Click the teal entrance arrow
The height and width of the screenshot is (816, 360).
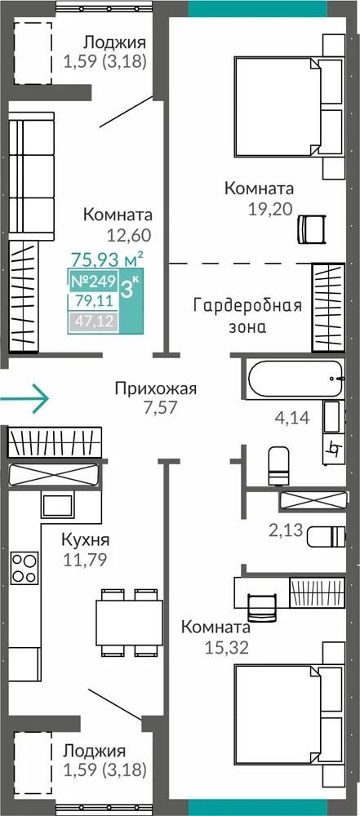pos(24,399)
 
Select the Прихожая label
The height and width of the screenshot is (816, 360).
pos(156,388)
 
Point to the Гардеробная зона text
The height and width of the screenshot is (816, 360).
pos(247,317)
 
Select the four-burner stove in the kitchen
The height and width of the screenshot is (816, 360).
pos(24,568)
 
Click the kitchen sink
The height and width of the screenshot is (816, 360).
pos(57,505)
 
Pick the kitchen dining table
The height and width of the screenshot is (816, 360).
pos(129,623)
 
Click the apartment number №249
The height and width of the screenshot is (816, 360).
pos(93,282)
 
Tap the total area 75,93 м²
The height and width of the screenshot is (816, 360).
pos(107,258)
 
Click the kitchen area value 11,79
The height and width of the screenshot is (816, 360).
pos(84,560)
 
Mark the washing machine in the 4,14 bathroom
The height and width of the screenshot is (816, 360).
pos(333,432)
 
